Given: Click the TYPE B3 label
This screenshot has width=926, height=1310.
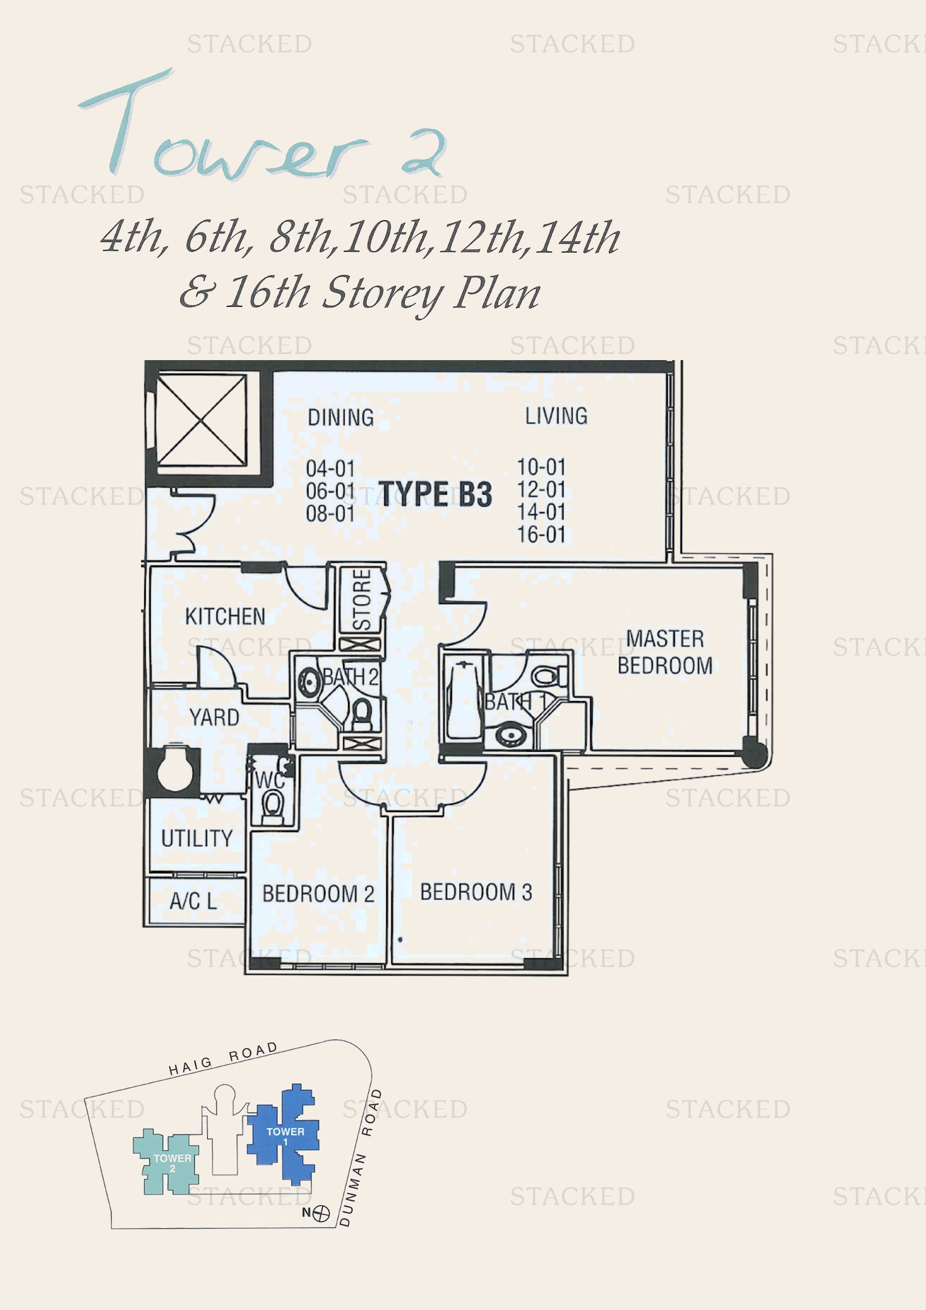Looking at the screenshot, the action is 435,494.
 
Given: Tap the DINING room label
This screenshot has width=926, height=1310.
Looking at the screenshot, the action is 341,418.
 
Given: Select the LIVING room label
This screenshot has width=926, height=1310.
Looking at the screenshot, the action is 556,416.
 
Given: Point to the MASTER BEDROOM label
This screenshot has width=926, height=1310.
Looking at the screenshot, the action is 665,652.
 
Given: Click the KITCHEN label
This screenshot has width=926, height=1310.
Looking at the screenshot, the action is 225,616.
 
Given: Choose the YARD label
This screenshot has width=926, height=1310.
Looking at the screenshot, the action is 214,717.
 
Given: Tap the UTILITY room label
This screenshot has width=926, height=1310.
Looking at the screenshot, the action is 197,838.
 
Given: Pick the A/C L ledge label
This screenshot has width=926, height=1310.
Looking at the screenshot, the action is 193,901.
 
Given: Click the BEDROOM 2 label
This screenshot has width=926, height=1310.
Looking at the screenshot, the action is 318,893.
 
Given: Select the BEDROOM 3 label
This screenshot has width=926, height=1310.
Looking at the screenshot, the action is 476,892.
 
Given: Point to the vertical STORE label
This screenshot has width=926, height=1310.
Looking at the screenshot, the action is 362,599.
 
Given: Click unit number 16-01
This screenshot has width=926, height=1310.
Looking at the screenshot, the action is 541,535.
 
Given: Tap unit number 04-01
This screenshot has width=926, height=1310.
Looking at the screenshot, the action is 330,468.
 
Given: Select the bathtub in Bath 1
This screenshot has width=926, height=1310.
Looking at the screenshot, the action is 464,700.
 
